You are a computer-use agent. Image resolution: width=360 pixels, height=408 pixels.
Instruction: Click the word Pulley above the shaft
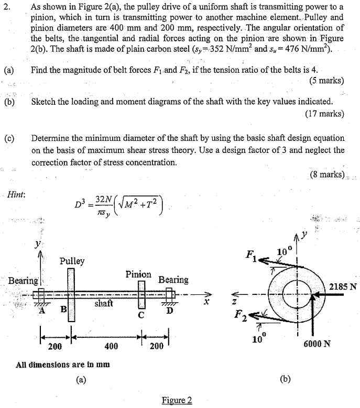coord(72,261)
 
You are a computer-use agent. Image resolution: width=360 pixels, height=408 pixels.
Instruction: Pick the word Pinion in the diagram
coord(138,274)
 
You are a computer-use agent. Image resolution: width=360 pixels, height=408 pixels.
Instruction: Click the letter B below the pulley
coord(63,309)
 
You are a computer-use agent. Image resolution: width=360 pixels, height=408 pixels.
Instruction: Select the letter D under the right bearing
coord(169,313)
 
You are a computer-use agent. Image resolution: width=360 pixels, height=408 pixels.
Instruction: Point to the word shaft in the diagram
coord(104,303)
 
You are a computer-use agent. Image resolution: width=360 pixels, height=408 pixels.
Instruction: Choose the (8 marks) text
coord(326,174)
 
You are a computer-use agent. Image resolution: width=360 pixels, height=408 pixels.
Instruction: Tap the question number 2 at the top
coord(7,7)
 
